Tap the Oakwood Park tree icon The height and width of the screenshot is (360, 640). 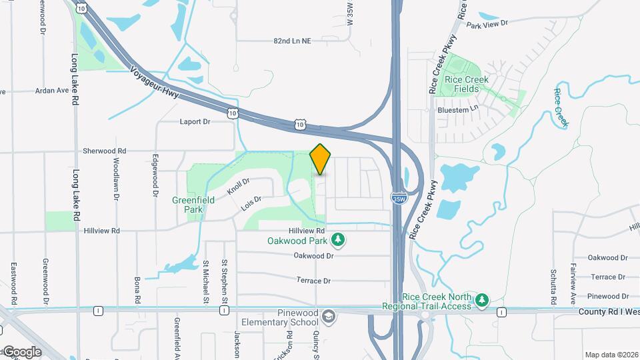click(339, 239)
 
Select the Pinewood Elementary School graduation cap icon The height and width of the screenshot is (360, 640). click(328, 315)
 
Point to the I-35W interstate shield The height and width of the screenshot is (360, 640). click(399, 198)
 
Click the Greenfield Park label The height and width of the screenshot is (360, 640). click(193, 204)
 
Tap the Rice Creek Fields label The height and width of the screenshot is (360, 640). click(467, 84)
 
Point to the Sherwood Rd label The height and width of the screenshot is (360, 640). click(105, 151)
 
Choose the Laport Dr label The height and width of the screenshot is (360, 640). click(195, 122)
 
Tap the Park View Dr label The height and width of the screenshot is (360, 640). click(487, 24)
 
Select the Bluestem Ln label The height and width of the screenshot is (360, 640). click(458, 109)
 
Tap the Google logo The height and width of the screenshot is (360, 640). click(22, 352)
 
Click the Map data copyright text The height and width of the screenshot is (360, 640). click(611, 355)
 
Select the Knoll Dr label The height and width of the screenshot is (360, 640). click(238, 186)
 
